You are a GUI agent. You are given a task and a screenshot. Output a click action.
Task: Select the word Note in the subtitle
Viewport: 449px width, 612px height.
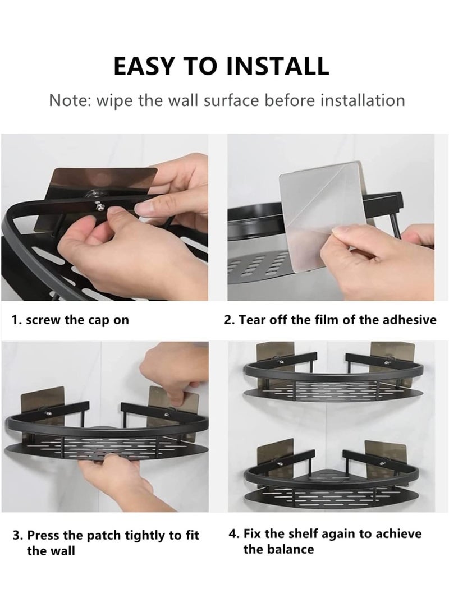pos(70,100)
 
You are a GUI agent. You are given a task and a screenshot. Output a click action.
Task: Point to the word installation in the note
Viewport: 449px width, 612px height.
pos(363,100)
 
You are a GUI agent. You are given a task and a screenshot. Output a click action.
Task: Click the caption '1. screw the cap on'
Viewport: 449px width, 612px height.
pos(70,320)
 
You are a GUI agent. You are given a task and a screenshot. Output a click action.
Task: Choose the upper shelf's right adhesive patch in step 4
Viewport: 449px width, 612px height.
pos(386,357)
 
